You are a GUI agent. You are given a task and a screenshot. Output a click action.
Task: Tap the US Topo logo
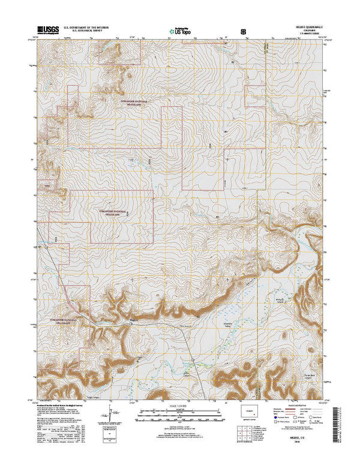[179, 30]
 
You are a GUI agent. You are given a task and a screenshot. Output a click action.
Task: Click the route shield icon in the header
[243, 30]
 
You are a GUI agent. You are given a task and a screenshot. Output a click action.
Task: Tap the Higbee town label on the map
[134, 320]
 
